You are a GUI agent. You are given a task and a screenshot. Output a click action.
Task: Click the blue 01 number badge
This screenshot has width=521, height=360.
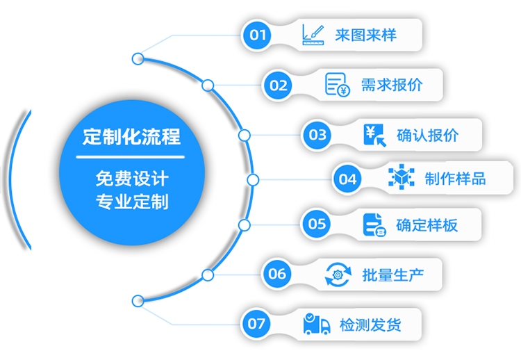click(x=257, y=35)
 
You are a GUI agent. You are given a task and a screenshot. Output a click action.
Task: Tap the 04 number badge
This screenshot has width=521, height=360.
click(x=347, y=179)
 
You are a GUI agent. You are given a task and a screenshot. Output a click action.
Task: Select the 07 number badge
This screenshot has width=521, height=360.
click(x=256, y=324)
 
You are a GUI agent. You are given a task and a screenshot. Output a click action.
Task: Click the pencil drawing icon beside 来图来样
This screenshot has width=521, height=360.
click(x=313, y=35)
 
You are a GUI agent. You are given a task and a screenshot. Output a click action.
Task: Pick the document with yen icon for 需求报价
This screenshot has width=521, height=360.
click(x=337, y=85)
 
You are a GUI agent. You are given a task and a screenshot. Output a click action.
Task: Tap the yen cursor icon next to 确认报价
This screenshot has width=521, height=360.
click(x=375, y=135)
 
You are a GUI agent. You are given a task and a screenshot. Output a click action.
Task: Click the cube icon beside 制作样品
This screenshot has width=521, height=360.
click(x=402, y=177)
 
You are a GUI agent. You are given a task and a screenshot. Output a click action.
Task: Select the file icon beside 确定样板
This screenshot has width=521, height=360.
click(x=374, y=225)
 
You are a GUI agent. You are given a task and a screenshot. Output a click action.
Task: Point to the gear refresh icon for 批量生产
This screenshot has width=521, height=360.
click(x=338, y=275)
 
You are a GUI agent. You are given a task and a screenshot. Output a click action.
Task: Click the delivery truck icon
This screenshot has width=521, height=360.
click(x=317, y=323)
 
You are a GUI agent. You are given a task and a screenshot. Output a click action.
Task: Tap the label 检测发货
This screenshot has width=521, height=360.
click(x=370, y=325)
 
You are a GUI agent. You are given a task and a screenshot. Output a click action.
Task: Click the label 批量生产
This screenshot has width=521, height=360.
click(x=393, y=275)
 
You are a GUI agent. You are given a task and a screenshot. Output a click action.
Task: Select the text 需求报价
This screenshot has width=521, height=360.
click(x=392, y=85)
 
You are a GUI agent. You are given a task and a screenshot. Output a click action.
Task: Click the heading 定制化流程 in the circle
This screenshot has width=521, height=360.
click(x=131, y=137)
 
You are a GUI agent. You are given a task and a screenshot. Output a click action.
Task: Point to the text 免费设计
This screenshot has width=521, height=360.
click(x=132, y=179)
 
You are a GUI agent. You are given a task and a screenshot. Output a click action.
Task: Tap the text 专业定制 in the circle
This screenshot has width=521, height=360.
click(x=132, y=202)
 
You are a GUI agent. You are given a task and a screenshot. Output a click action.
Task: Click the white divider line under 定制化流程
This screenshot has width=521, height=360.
click(x=131, y=157)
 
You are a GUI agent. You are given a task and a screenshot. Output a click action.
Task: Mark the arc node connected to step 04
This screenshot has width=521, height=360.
click(x=253, y=180)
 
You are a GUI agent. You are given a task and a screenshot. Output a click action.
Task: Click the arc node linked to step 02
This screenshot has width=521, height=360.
click(x=208, y=85)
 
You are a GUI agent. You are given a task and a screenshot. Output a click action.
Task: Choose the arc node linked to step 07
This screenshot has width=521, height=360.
click(x=138, y=301)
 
